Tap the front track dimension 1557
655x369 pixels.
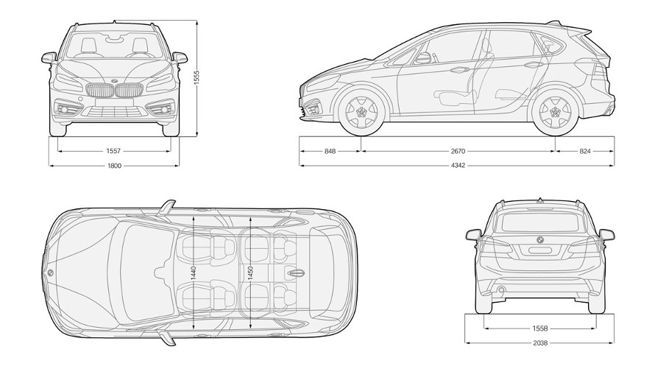click(113, 151)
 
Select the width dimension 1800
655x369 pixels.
click(113, 166)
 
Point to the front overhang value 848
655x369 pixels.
click(330, 151)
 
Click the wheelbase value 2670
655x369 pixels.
click(457, 151)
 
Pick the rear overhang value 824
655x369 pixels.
click(584, 151)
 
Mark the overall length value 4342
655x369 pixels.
click(457, 166)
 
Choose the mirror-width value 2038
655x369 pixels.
click(540, 343)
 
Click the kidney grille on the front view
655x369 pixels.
click(113, 92)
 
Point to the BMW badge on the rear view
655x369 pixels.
click(539, 240)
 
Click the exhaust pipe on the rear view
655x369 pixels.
click(500, 291)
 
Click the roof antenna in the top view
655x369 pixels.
click(296, 273)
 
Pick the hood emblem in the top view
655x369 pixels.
click(50, 273)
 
